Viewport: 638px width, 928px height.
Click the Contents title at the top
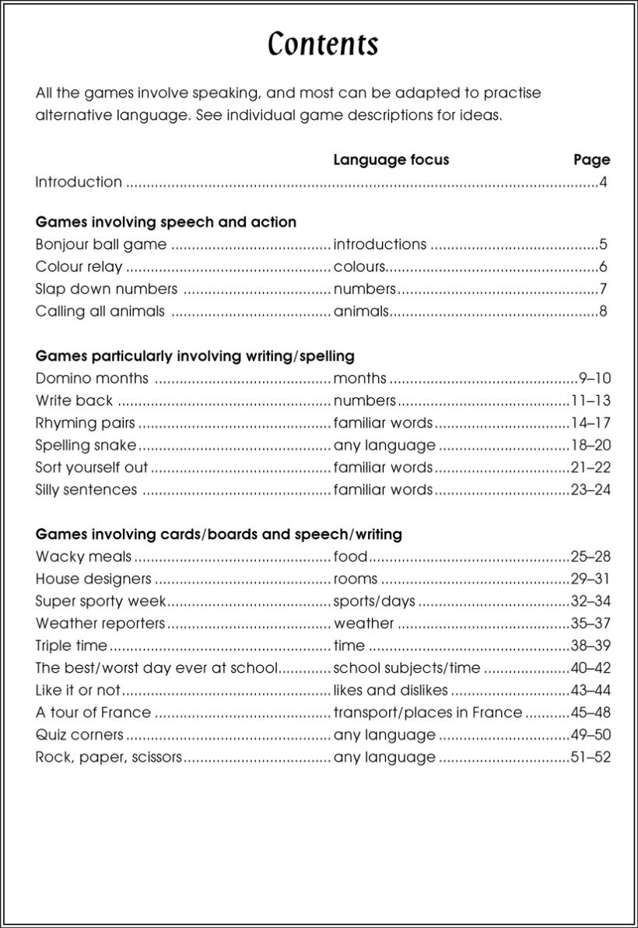coord(323,44)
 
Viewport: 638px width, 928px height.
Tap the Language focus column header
coord(391,159)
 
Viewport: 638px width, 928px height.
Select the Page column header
coord(591,159)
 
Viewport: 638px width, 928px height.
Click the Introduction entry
coord(79,182)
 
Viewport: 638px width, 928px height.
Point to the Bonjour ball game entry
coord(101,244)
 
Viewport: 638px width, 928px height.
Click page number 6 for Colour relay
coord(603,267)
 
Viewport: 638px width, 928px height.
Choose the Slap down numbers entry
coord(107,289)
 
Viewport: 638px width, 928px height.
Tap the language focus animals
coord(360,312)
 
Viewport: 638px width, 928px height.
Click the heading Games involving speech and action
coord(166,222)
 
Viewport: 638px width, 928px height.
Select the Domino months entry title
coord(92,379)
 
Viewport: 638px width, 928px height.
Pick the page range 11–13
coord(591,401)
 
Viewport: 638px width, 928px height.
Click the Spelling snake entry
coord(86,446)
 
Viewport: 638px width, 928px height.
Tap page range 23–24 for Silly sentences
coord(591,490)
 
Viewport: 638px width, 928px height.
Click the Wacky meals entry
coord(83,557)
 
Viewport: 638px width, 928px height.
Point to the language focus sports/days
coord(374,601)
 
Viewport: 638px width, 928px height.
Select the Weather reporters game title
coord(100,624)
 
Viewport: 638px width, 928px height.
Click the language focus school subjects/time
coord(407,668)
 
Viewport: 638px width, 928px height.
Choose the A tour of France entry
coord(93,713)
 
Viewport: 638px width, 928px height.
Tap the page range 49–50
coord(591,735)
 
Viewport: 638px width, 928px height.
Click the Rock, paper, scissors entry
coord(108,757)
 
